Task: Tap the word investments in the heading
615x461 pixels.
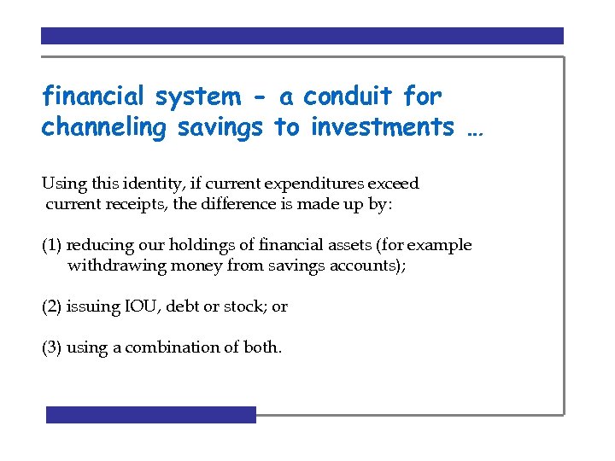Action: (382, 128)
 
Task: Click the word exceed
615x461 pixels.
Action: (395, 184)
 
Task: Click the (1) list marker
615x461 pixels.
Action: (52, 245)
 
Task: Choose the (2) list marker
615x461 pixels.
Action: (52, 306)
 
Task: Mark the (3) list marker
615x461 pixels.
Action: (52, 347)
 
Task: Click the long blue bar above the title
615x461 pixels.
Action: (302, 36)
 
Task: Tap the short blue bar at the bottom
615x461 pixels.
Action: (151, 415)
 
